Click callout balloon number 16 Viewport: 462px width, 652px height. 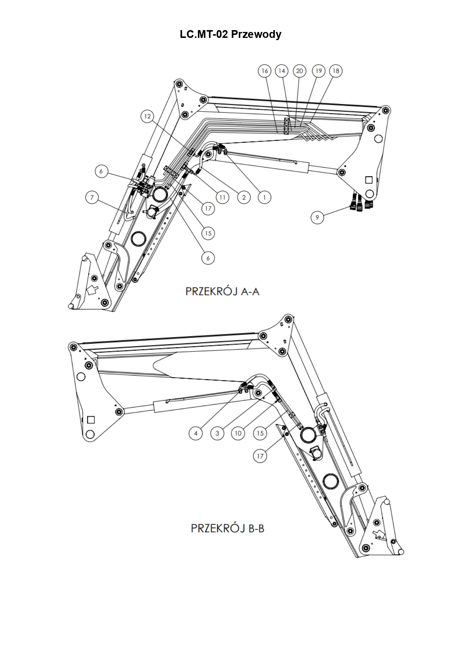click(x=264, y=71)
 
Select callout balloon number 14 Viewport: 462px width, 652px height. click(x=282, y=71)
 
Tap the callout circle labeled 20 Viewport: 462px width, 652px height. click(x=299, y=71)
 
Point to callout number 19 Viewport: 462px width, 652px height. click(x=318, y=71)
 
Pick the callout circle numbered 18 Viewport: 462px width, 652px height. click(x=336, y=71)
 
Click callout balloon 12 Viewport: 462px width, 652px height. click(x=147, y=116)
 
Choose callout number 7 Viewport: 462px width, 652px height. click(x=92, y=197)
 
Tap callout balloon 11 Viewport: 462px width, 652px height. click(x=222, y=197)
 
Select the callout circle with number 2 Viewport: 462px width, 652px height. click(x=244, y=197)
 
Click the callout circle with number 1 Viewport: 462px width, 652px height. click(x=264, y=197)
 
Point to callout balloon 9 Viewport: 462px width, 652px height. click(x=317, y=217)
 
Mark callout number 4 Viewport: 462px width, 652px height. click(x=196, y=433)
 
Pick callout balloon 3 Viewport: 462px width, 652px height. click(x=217, y=433)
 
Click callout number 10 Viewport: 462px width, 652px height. click(x=238, y=433)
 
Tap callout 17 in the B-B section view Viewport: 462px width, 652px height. click(x=260, y=456)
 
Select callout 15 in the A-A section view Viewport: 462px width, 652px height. click(x=208, y=233)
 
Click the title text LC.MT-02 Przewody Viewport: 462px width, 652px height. click(x=231, y=35)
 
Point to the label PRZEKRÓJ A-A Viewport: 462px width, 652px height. click(x=222, y=291)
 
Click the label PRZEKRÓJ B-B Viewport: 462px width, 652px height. click(x=228, y=528)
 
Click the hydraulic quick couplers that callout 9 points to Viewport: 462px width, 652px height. click(x=360, y=202)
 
